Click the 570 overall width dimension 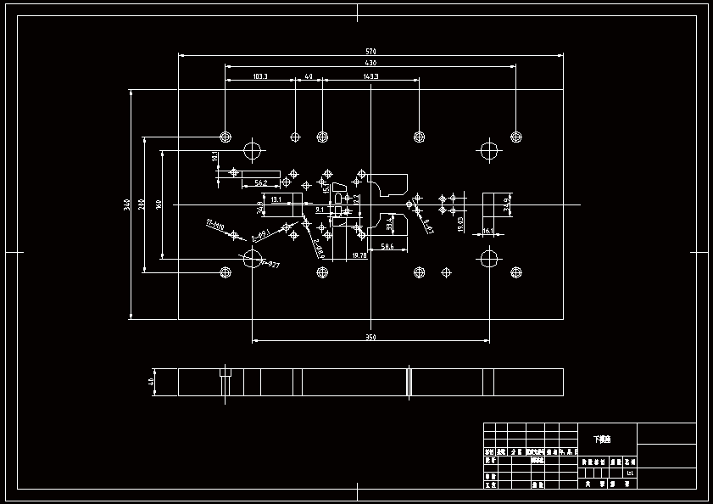tap(370, 52)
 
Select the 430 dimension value tap(370, 63)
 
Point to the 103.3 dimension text tap(260, 77)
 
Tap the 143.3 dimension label tap(370, 77)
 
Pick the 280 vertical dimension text tap(142, 204)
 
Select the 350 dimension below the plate tap(370, 338)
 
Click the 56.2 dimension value tap(261, 182)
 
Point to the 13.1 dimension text tap(276, 199)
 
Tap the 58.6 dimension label tap(387, 246)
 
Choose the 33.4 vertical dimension tap(390, 224)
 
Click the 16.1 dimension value tap(487, 231)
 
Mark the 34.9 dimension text tap(507, 204)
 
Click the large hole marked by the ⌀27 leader tap(253, 257)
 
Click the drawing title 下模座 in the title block tap(601, 439)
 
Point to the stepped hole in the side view tap(226, 373)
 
